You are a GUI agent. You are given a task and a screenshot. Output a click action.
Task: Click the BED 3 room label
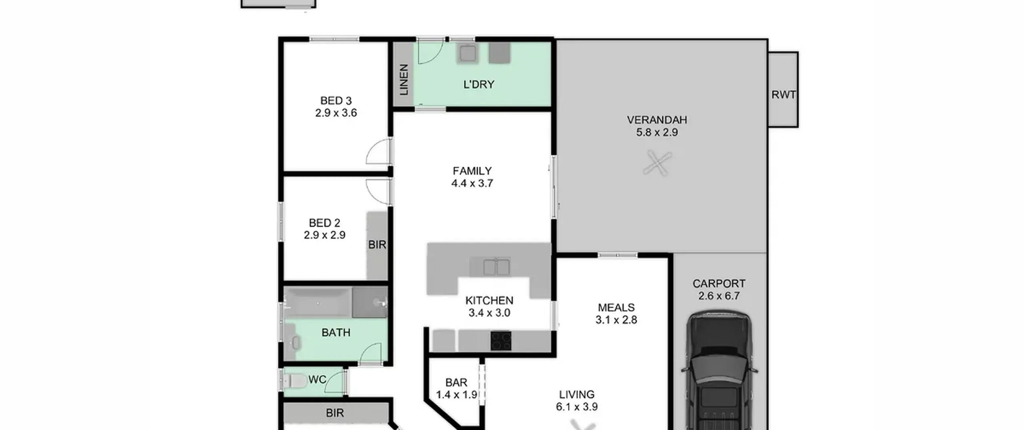coord(336,100)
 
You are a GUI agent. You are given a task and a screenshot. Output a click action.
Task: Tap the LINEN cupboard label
coord(404,80)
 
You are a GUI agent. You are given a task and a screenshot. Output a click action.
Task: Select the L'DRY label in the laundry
coord(478,84)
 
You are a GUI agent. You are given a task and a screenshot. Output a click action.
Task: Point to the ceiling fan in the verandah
coord(657,163)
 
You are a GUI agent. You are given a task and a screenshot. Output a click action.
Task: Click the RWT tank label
coord(783,95)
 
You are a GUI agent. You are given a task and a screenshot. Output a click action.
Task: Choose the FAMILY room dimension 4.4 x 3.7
coord(472,183)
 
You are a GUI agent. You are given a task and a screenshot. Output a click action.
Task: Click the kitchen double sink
coord(496,267)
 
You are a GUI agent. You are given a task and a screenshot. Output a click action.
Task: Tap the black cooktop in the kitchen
coord(501,341)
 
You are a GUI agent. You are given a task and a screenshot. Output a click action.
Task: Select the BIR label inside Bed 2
coord(377,244)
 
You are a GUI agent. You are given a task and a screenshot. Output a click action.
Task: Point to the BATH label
coord(336,332)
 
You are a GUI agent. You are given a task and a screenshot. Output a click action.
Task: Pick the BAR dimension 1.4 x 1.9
coord(456,395)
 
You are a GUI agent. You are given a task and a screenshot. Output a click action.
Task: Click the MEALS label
coord(616,308)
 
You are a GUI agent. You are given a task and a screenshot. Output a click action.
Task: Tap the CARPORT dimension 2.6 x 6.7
coord(719,296)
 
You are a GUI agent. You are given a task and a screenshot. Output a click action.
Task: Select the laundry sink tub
coord(467,52)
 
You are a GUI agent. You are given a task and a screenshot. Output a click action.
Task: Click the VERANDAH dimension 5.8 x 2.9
coord(657,132)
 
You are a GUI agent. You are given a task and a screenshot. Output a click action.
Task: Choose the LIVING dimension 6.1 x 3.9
coord(576,407)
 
